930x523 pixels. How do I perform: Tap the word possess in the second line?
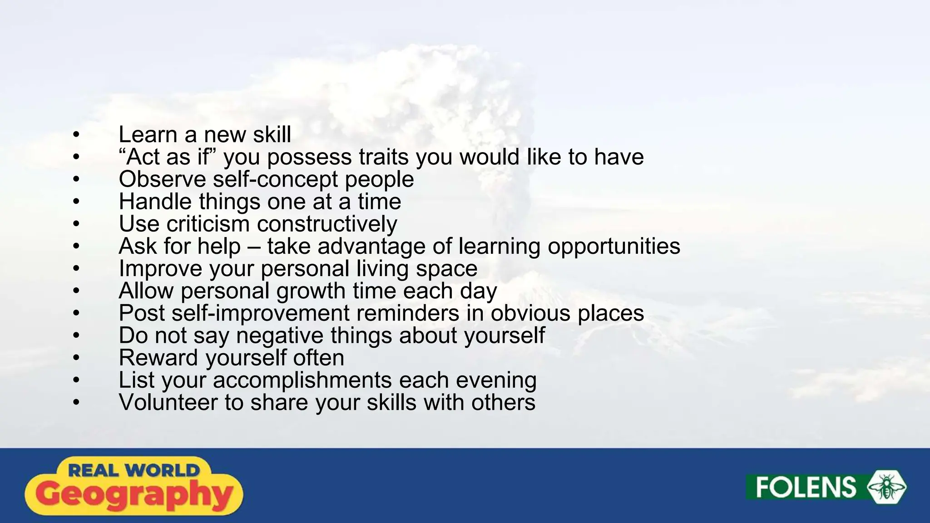coord(309,158)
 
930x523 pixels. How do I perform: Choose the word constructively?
coord(327,224)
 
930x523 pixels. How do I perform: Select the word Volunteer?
coord(168,402)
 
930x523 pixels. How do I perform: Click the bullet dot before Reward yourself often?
coord(76,358)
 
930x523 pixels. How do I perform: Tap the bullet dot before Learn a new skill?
coord(76,135)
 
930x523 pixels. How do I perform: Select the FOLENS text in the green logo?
coord(806,488)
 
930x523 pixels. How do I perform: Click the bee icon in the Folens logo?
coord(886,487)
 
